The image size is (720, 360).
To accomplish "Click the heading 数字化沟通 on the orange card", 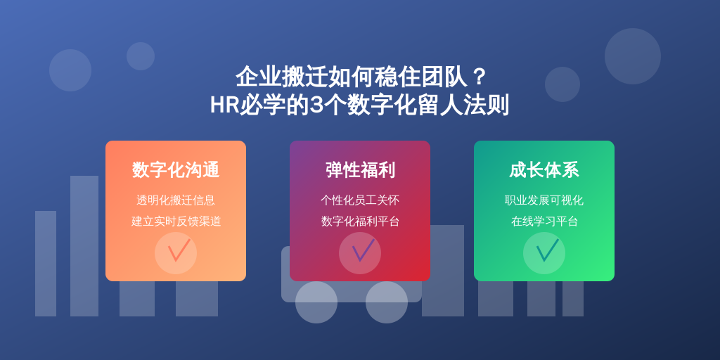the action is click(176, 170).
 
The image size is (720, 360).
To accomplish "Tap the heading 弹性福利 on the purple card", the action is click(360, 170).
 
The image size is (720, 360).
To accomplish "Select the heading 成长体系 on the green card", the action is click(544, 170).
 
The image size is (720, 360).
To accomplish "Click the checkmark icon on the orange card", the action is click(178, 251).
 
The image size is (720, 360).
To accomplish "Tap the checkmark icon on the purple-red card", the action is click(363, 251).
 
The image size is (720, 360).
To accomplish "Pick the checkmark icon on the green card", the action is click(547, 251).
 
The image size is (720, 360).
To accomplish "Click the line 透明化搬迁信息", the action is click(176, 200).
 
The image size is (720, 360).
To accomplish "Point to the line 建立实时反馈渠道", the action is click(176, 221).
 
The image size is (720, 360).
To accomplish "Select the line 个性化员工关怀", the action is click(360, 200).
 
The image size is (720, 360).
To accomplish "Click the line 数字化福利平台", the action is click(360, 221).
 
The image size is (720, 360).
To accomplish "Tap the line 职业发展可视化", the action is click(544, 200).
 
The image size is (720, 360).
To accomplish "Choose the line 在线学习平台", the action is click(544, 221).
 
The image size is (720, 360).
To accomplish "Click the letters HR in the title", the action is click(224, 105).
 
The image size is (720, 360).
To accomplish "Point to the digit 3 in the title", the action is click(316, 105).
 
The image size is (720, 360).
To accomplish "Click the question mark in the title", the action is click(479, 77).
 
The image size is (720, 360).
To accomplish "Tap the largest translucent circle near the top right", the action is click(633, 56).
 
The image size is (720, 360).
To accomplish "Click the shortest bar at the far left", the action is click(46, 264).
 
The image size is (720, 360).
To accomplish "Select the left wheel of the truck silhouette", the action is click(316, 302).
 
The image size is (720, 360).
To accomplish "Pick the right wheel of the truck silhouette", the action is click(387, 302).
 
